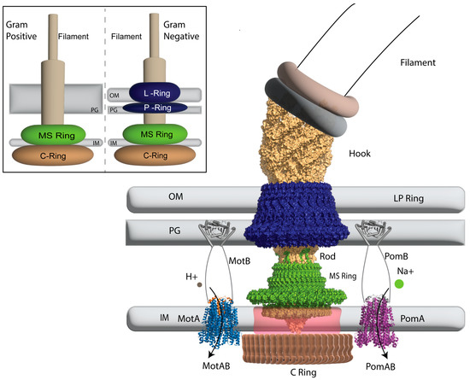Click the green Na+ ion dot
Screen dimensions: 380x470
click(x=399, y=284)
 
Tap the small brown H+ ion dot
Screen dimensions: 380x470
click(x=200, y=285)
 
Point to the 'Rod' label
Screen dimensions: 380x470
click(x=326, y=254)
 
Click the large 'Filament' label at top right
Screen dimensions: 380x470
click(x=420, y=62)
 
